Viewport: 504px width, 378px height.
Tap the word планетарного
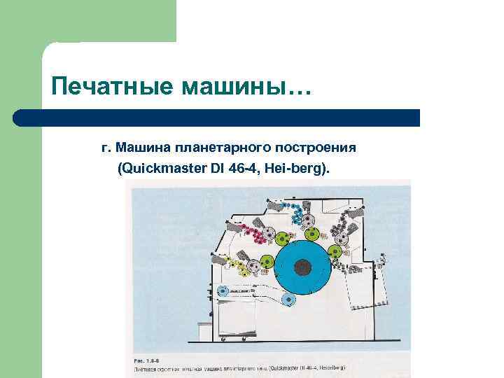224,148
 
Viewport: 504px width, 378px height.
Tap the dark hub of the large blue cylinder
302,267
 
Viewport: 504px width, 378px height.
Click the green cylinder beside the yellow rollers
265,265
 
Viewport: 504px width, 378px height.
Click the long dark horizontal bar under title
217,118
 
